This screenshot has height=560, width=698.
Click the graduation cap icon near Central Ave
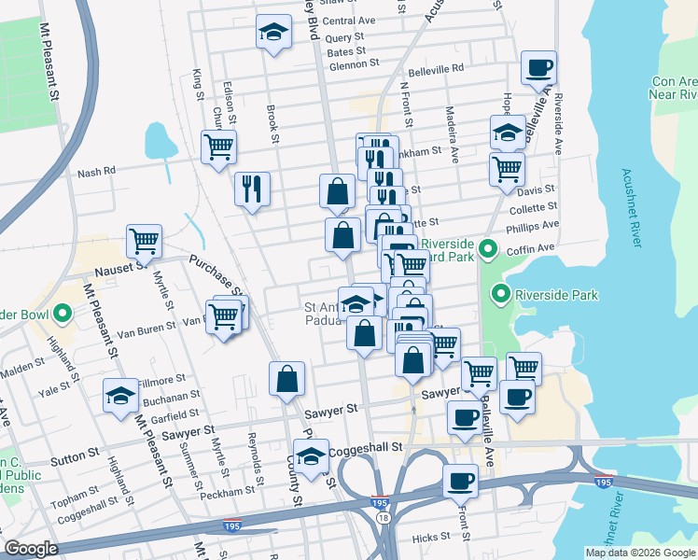coord(272,33)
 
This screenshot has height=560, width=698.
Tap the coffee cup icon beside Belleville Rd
coord(538,68)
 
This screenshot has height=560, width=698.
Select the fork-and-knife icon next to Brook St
coord(251,189)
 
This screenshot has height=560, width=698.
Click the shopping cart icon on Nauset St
coord(144,241)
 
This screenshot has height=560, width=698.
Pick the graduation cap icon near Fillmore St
coord(120,396)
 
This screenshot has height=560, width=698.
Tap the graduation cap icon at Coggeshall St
coord(312,456)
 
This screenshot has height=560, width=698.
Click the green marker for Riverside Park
coord(501,296)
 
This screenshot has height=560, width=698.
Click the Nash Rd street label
coord(95,172)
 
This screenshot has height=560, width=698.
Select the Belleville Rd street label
coord(434,69)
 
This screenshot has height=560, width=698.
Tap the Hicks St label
coord(431,537)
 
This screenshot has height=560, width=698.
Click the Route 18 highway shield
coord(383,516)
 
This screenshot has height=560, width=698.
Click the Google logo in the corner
coord(31,549)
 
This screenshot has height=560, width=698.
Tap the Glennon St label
coord(354,64)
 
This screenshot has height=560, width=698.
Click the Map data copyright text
coord(639,553)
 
